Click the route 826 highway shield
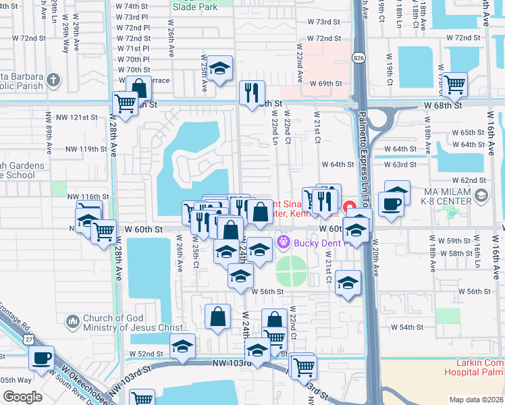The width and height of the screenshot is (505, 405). [x=359, y=58]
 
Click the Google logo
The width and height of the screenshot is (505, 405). [x=22, y=397]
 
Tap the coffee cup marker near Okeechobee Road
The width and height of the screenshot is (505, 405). [x=42, y=358]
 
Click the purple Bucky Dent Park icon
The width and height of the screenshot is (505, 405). [x=282, y=241]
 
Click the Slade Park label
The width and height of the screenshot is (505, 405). [x=194, y=7]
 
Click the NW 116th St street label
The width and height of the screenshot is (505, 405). [x=88, y=196]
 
